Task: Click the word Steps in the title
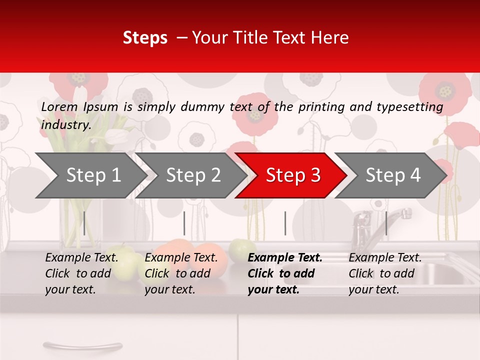click(145, 38)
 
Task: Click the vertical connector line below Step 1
click(84, 223)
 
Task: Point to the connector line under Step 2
click(184, 223)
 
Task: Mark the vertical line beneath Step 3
click(285, 223)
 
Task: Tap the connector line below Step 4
click(386, 223)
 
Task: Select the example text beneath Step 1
click(81, 273)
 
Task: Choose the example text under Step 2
click(181, 273)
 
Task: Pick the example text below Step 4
click(385, 273)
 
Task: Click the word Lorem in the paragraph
click(59, 107)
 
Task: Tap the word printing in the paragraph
click(322, 107)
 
